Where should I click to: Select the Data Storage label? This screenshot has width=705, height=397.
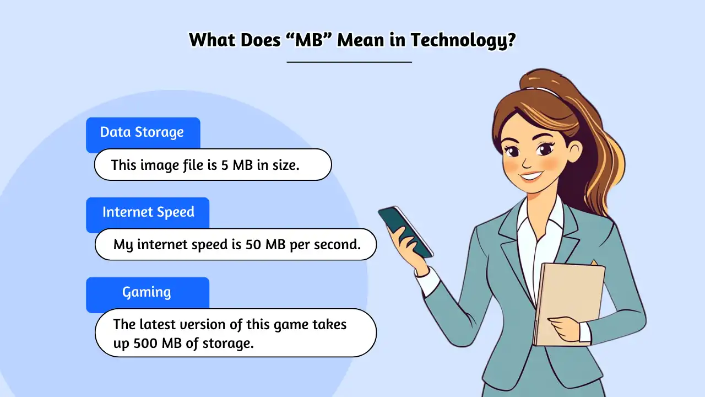(142, 132)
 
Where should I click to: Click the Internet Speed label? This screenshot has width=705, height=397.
(148, 212)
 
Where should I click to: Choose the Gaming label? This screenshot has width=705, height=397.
(147, 292)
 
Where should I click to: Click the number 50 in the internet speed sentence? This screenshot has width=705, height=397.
(253, 244)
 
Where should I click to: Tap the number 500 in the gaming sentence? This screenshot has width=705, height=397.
(147, 343)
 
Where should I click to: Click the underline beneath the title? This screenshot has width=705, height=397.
(349, 62)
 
